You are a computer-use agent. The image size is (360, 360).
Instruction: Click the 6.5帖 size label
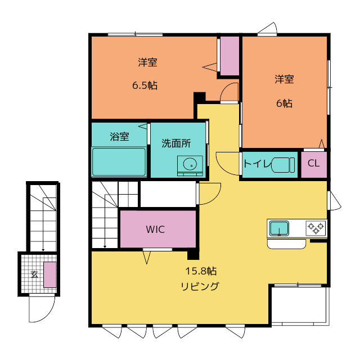click(x=145, y=85)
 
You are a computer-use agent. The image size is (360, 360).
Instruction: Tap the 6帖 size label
click(x=284, y=103)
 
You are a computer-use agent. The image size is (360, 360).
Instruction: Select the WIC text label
click(x=155, y=229)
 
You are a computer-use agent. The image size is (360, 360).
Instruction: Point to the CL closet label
click(x=313, y=164)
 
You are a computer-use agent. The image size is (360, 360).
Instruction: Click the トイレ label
click(x=257, y=164)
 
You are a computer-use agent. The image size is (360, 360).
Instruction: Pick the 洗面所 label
click(x=176, y=143)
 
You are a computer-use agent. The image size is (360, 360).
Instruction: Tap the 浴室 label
click(x=119, y=137)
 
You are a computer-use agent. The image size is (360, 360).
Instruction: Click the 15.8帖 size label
click(x=201, y=271)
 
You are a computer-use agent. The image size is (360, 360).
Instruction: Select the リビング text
click(x=200, y=286)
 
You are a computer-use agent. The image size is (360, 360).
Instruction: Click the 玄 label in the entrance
click(x=34, y=274)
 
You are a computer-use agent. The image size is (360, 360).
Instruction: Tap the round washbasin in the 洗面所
click(x=190, y=164)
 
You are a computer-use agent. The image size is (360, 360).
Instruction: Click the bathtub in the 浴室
click(x=119, y=162)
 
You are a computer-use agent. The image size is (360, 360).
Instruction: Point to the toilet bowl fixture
click(x=282, y=165)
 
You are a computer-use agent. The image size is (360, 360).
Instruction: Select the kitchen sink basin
click(x=279, y=228)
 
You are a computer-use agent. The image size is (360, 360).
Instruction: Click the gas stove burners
click(x=316, y=228)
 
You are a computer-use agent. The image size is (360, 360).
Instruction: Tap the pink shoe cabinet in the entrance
click(x=50, y=274)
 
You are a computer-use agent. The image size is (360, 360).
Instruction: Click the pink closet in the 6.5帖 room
click(x=229, y=56)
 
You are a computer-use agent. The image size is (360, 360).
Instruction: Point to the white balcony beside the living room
click(x=300, y=305)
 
